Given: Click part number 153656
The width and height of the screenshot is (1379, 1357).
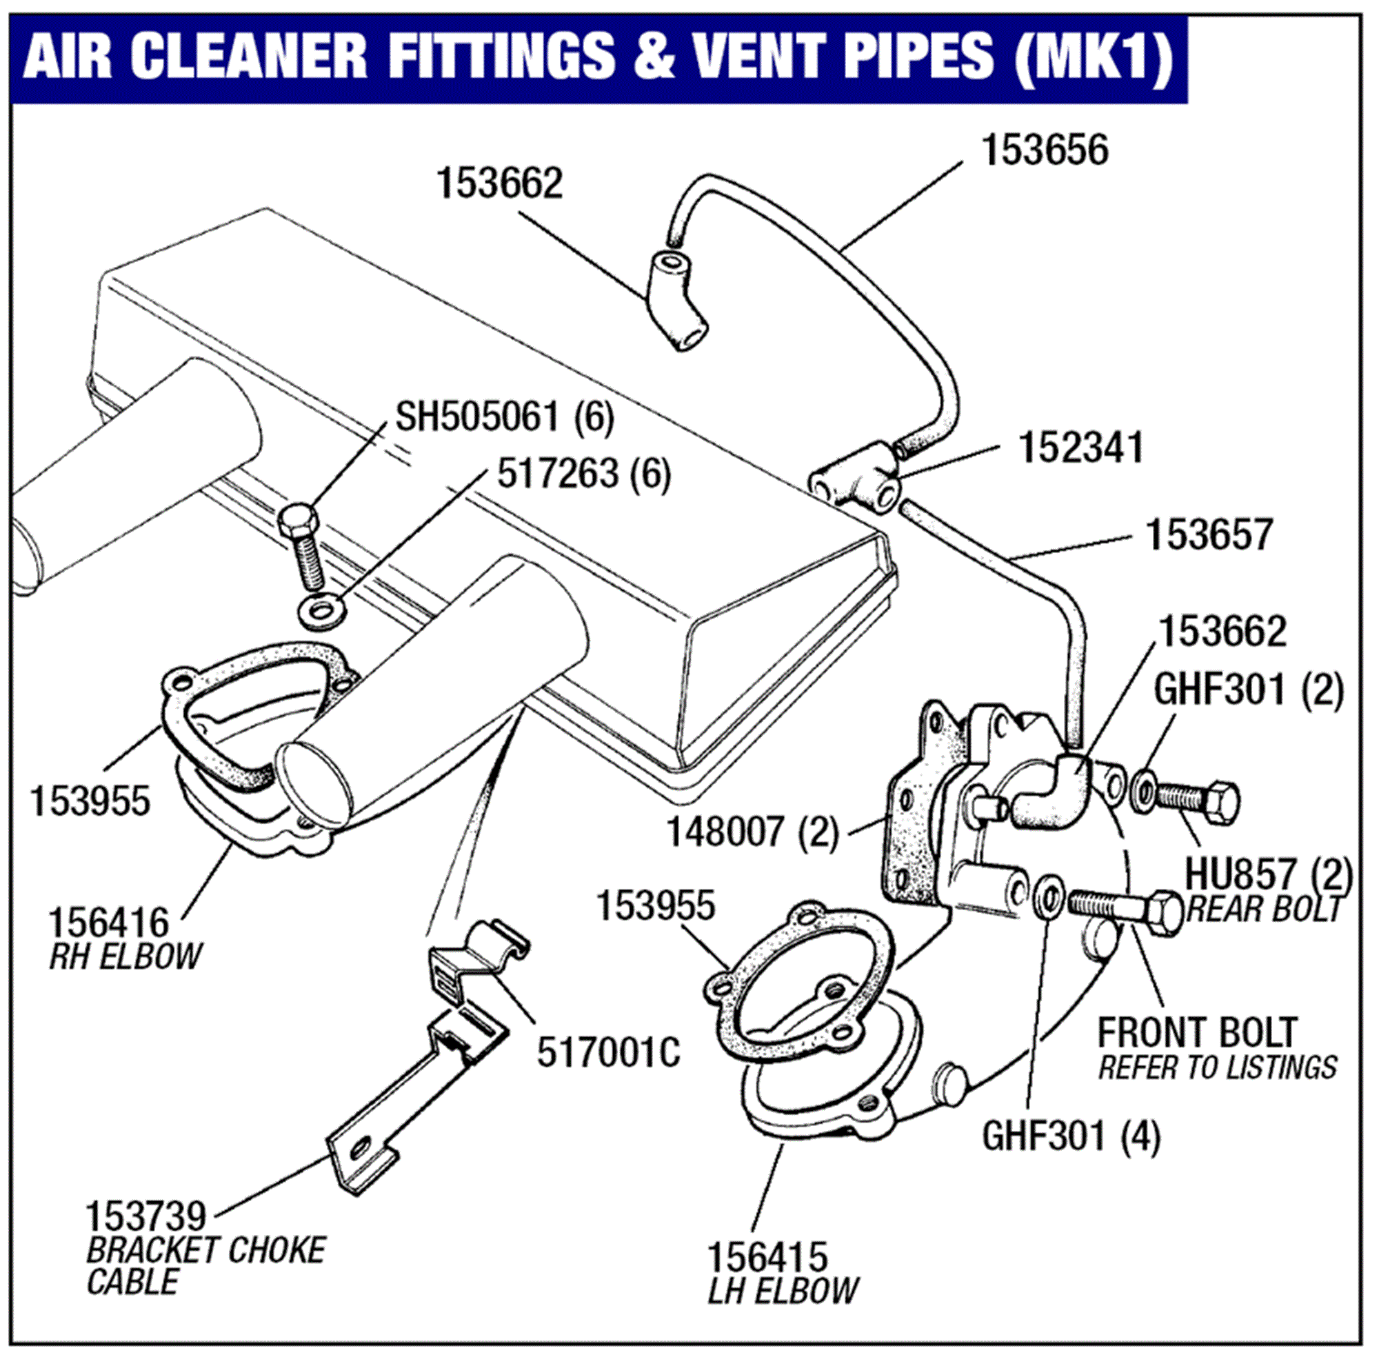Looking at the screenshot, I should pos(1044,151).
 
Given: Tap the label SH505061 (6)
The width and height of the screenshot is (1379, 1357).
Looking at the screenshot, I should pos(504,417).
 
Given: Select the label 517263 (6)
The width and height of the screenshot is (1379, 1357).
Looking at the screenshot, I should pos(583,474).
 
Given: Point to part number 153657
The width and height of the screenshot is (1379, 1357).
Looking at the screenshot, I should pos(1209,534).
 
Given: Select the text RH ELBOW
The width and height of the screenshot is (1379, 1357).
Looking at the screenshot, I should pos(125,956).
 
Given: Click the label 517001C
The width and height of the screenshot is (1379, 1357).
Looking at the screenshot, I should pos(608,1052).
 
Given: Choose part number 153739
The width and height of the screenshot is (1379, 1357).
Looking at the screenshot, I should pos(145,1216).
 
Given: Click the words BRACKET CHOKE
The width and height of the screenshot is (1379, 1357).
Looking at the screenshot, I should pos(205,1251).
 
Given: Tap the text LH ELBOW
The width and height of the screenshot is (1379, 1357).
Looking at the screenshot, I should pos(783,1290).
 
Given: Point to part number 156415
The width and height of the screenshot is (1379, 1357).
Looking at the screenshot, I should pos(767,1256).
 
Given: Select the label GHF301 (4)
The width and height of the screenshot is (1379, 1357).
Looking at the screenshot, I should pos(1071,1136).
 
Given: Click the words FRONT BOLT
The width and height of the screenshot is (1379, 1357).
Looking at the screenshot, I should pos(1196,1032).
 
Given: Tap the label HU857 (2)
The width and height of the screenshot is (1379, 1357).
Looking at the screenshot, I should pos(1268,874).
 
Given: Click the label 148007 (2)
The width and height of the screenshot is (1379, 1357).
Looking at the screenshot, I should pos(751,832).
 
